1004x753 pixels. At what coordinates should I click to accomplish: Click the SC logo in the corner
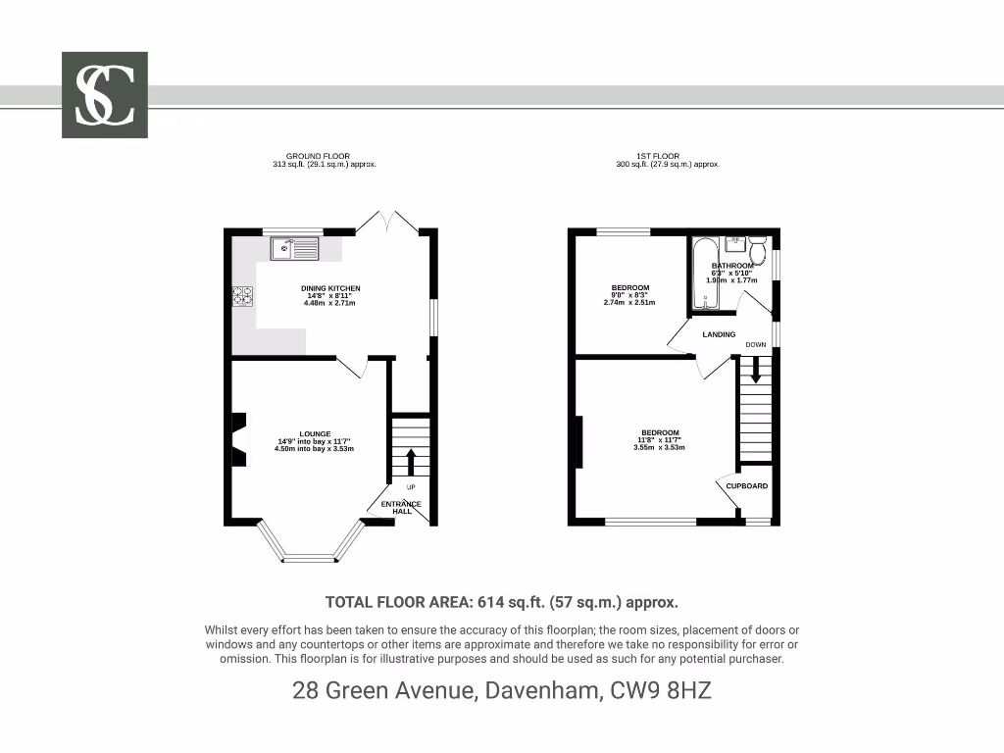click(105, 94)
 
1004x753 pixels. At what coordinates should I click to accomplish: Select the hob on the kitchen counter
click(242, 295)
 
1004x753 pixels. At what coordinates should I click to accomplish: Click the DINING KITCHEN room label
click(330, 288)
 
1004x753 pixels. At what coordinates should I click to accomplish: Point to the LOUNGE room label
click(315, 433)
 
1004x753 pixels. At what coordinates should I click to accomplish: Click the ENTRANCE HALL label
click(401, 507)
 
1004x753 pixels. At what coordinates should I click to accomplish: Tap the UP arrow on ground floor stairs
click(410, 462)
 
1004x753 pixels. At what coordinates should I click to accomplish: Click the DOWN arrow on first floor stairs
click(755, 370)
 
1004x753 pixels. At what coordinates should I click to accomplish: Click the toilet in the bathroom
click(757, 244)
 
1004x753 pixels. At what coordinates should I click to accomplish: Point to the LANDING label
click(719, 334)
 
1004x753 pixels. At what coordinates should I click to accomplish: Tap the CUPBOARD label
click(747, 485)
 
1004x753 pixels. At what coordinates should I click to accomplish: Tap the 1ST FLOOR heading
click(658, 156)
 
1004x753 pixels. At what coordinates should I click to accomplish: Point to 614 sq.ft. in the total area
click(553, 603)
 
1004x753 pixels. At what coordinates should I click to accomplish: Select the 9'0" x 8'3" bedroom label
click(630, 295)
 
